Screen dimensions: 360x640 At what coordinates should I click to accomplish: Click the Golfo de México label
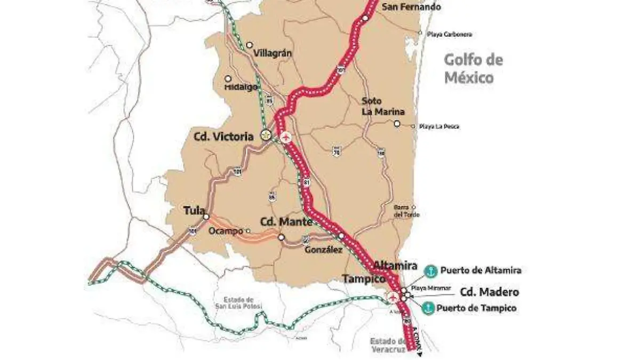474,69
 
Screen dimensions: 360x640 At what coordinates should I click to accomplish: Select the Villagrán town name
273,53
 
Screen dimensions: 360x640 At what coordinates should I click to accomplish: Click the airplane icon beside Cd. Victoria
286,137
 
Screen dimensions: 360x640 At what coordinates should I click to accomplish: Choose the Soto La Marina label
382,106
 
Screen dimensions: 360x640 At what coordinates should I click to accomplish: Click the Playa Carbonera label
449,34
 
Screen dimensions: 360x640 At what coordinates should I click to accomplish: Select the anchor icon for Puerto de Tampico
428,308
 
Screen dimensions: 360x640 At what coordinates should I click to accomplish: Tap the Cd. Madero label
489,292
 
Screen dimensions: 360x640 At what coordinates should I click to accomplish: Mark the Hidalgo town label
241,86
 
